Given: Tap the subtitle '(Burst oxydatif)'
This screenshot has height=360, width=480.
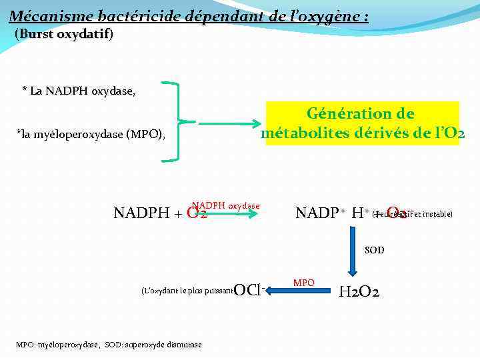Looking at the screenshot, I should point(64,33).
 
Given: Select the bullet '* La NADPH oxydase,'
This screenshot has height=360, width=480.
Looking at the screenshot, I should point(79,91).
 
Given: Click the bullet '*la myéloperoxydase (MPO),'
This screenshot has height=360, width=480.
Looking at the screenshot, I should point(91,135).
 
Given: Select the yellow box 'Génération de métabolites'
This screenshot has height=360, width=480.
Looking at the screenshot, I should point(363,123).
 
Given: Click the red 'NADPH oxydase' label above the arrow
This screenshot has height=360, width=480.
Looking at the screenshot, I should point(225,206).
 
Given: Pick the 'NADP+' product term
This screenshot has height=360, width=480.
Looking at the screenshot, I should point(320,213).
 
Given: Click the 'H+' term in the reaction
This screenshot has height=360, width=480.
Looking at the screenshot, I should point(361,213).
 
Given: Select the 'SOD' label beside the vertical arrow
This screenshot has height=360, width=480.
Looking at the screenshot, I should point(374,251).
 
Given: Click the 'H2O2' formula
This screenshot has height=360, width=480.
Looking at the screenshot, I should point(359,291).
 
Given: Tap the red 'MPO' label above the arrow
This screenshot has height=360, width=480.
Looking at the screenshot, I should point(304,283).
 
